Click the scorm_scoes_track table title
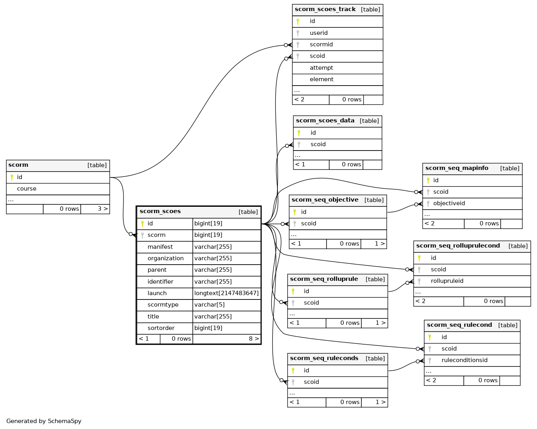325,10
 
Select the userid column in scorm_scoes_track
319,33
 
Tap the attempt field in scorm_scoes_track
321,68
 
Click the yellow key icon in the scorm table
12,177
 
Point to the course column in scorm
27,189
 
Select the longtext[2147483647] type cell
226,293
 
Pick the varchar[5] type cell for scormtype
209,305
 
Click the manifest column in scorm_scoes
160,247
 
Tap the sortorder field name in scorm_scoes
161,328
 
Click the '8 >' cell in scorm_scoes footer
254,339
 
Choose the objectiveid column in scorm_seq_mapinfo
449,203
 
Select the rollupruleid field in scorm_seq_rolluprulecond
447,281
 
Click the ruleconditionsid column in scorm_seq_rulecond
465,360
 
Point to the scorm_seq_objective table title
324,200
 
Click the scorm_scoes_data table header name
325,121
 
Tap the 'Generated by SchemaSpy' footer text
44,421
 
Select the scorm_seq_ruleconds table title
324,358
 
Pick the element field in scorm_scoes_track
321,80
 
